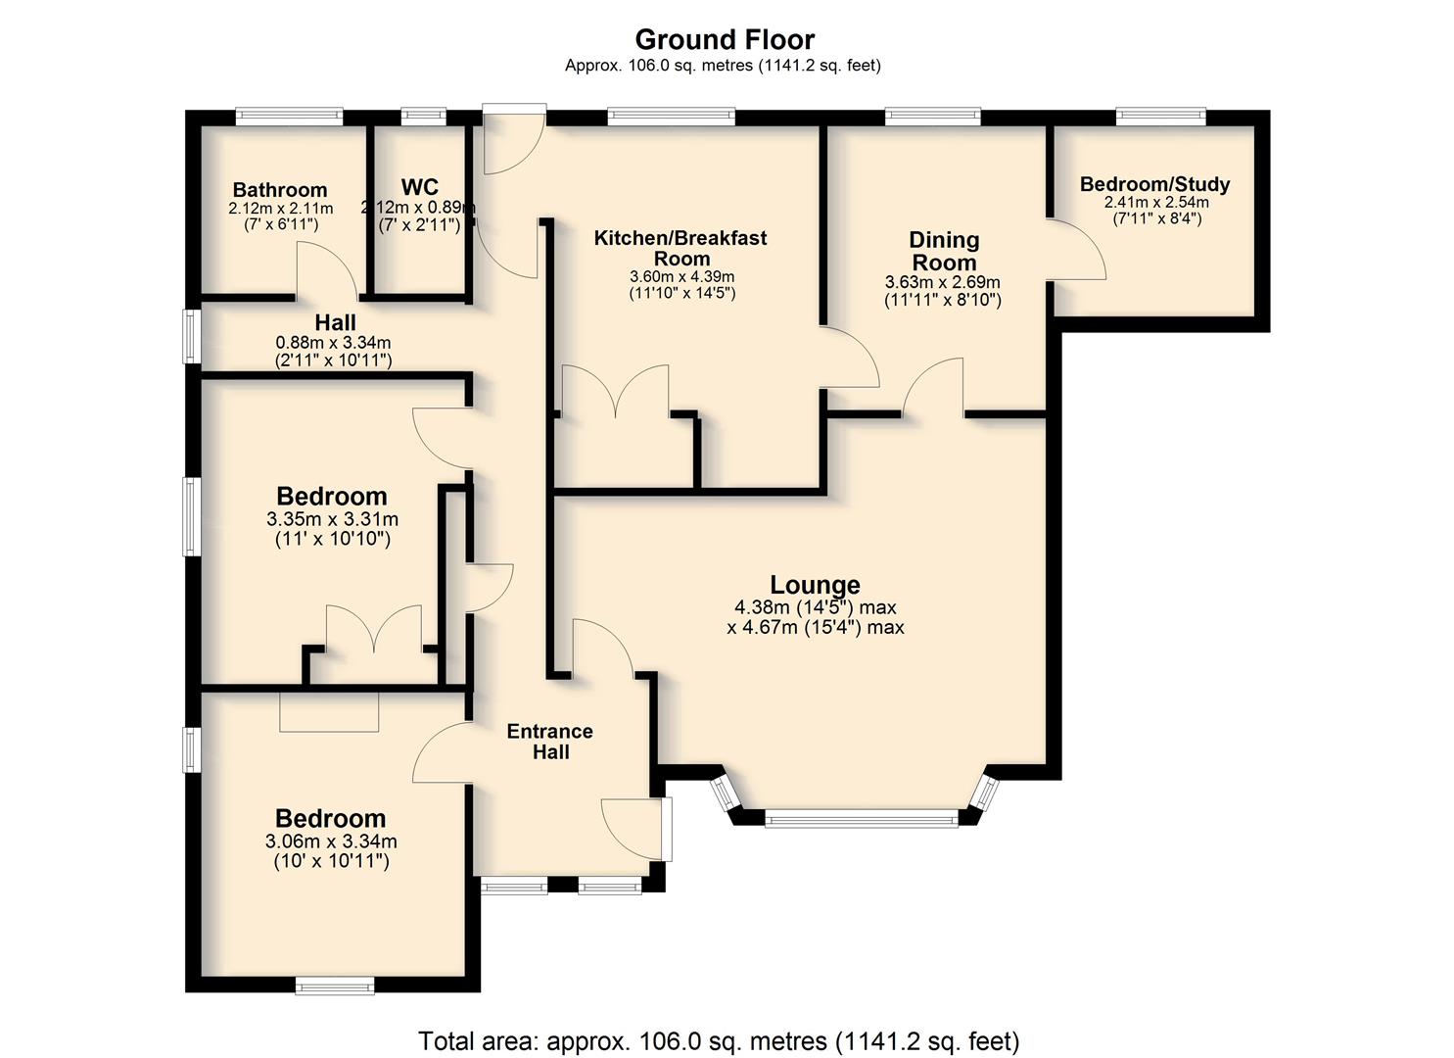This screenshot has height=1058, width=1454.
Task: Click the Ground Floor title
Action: [725, 39]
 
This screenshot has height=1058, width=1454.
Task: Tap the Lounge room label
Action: [815, 585]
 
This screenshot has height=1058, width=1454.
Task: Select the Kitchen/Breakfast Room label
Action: [680, 248]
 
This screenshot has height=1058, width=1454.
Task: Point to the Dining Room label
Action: [944, 252]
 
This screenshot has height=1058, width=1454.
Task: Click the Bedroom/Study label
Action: [1154, 184]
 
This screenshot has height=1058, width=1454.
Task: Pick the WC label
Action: [419, 187]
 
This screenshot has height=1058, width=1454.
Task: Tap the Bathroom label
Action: [280, 190]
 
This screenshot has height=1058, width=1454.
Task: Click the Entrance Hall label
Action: [550, 741]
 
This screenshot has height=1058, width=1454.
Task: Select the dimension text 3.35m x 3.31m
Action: [332, 519]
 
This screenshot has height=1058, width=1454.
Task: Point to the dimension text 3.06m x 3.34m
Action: [331, 842]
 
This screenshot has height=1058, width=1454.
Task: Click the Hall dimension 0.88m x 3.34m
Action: [333, 342]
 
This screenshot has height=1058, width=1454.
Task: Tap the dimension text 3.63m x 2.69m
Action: [943, 282]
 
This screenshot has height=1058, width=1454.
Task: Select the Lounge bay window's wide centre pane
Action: [862, 818]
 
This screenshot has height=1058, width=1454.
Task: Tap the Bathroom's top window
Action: [289, 117]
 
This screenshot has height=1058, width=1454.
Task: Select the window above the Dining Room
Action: [933, 117]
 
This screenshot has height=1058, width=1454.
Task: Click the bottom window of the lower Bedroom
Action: [335, 986]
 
